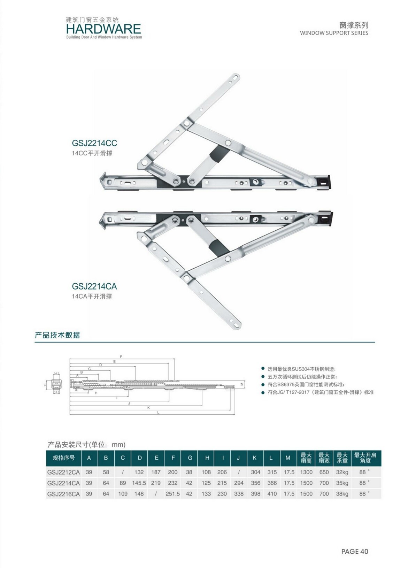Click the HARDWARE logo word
pos(103,29)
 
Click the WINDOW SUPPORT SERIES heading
pos(334,33)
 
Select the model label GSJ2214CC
pos(94,143)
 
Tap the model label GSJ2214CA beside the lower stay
pos(94,286)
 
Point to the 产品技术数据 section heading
pos(57,335)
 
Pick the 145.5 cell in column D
pos(139,483)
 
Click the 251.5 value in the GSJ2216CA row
pos(173,494)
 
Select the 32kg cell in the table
pos(342,472)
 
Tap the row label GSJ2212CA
pos(63,472)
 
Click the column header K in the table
pos(255,458)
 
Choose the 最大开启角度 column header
pos(365,458)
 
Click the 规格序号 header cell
pos(63,458)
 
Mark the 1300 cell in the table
pos(306,472)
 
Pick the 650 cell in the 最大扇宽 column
pos(324,472)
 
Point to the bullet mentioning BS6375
pos(306,384)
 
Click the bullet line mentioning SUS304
pos(301,369)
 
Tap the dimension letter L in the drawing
pos(158,412)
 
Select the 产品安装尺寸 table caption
pos(86,445)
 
